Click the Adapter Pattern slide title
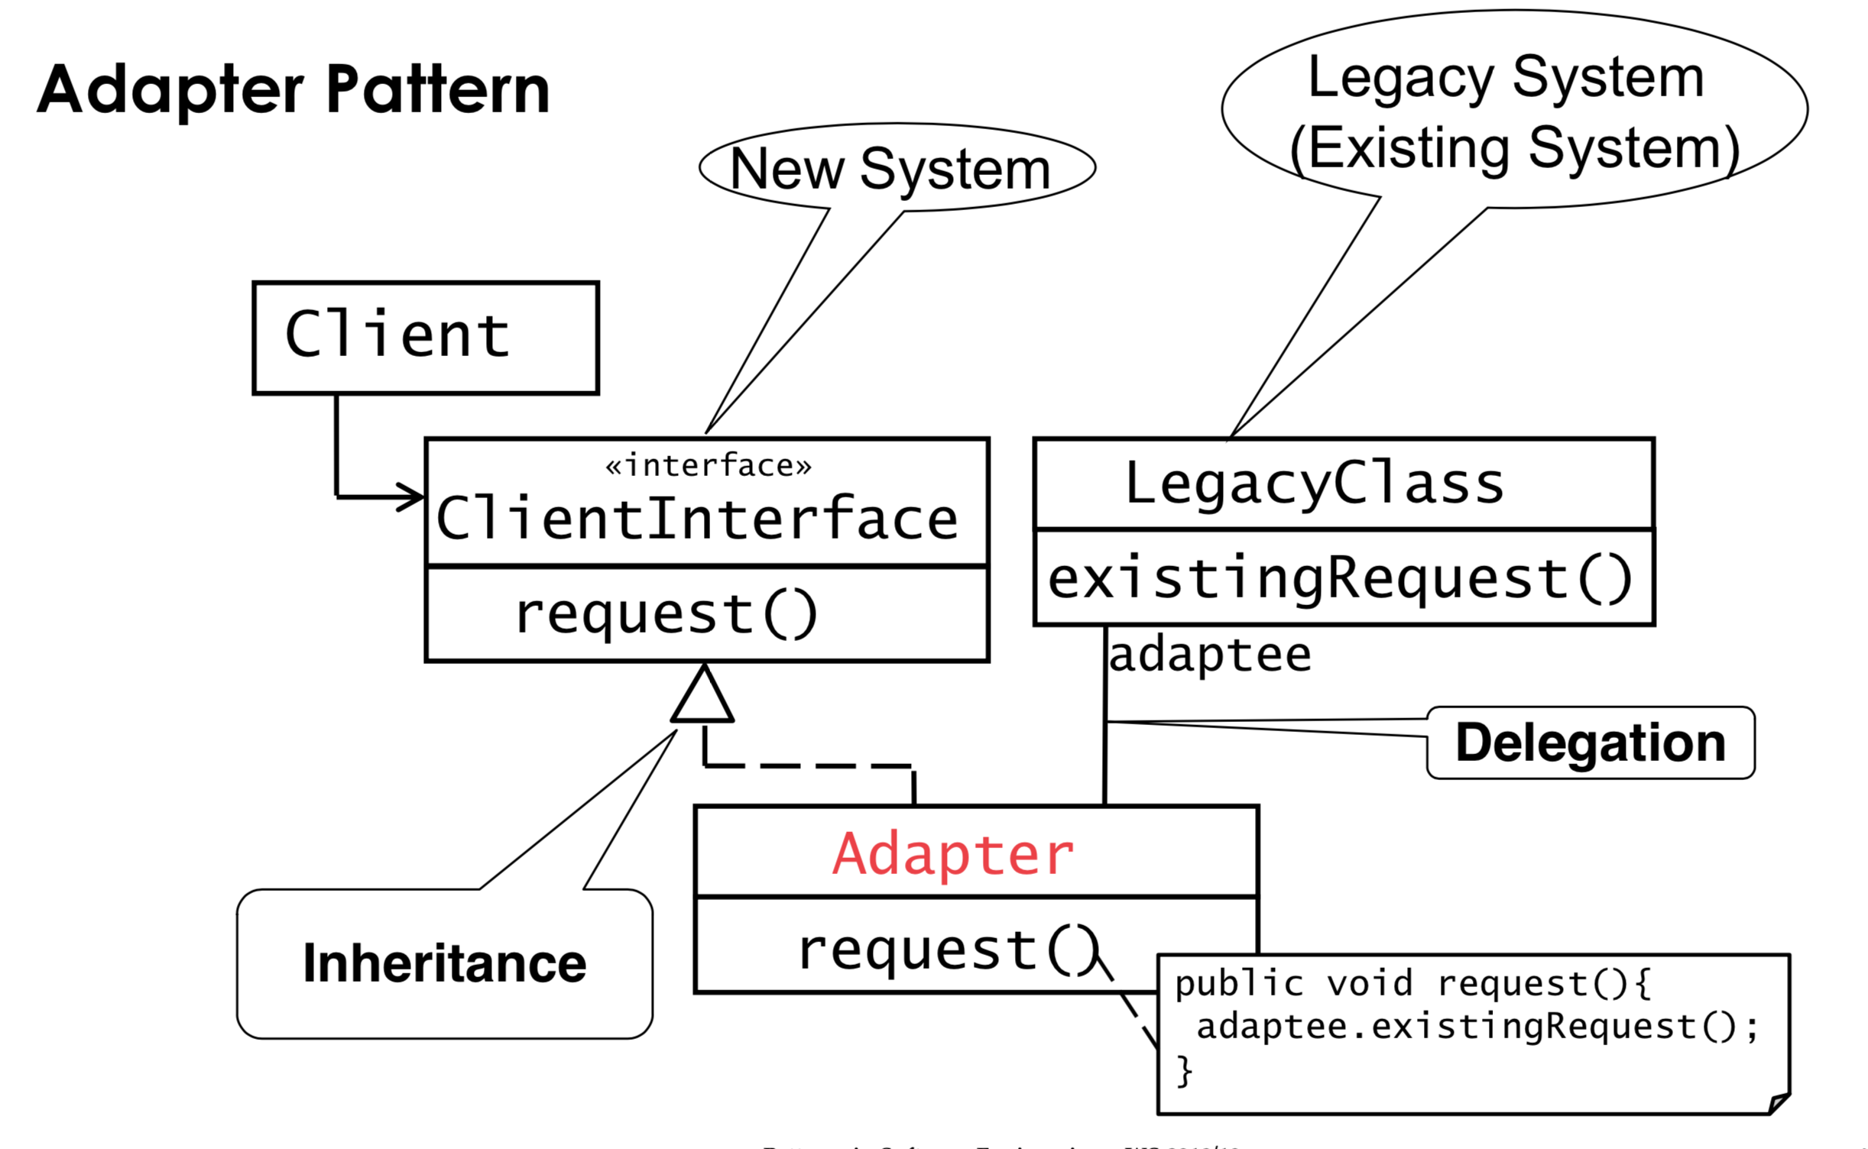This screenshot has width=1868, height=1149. click(x=293, y=90)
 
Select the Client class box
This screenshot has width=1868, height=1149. click(x=425, y=338)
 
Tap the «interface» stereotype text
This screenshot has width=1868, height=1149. click(x=708, y=465)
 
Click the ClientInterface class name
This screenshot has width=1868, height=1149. click(x=696, y=519)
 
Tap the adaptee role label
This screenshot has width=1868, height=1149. click(x=1209, y=655)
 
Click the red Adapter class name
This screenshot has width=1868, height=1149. click(x=953, y=854)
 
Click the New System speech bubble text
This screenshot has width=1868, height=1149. click(x=890, y=169)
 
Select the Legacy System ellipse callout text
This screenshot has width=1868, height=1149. click(x=1513, y=112)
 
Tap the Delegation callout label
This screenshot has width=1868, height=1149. click(x=1590, y=743)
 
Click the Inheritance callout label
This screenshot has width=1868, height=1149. click(x=444, y=963)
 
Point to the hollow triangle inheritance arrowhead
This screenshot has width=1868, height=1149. click(x=702, y=697)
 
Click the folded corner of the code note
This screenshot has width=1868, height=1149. click(x=1778, y=1103)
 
